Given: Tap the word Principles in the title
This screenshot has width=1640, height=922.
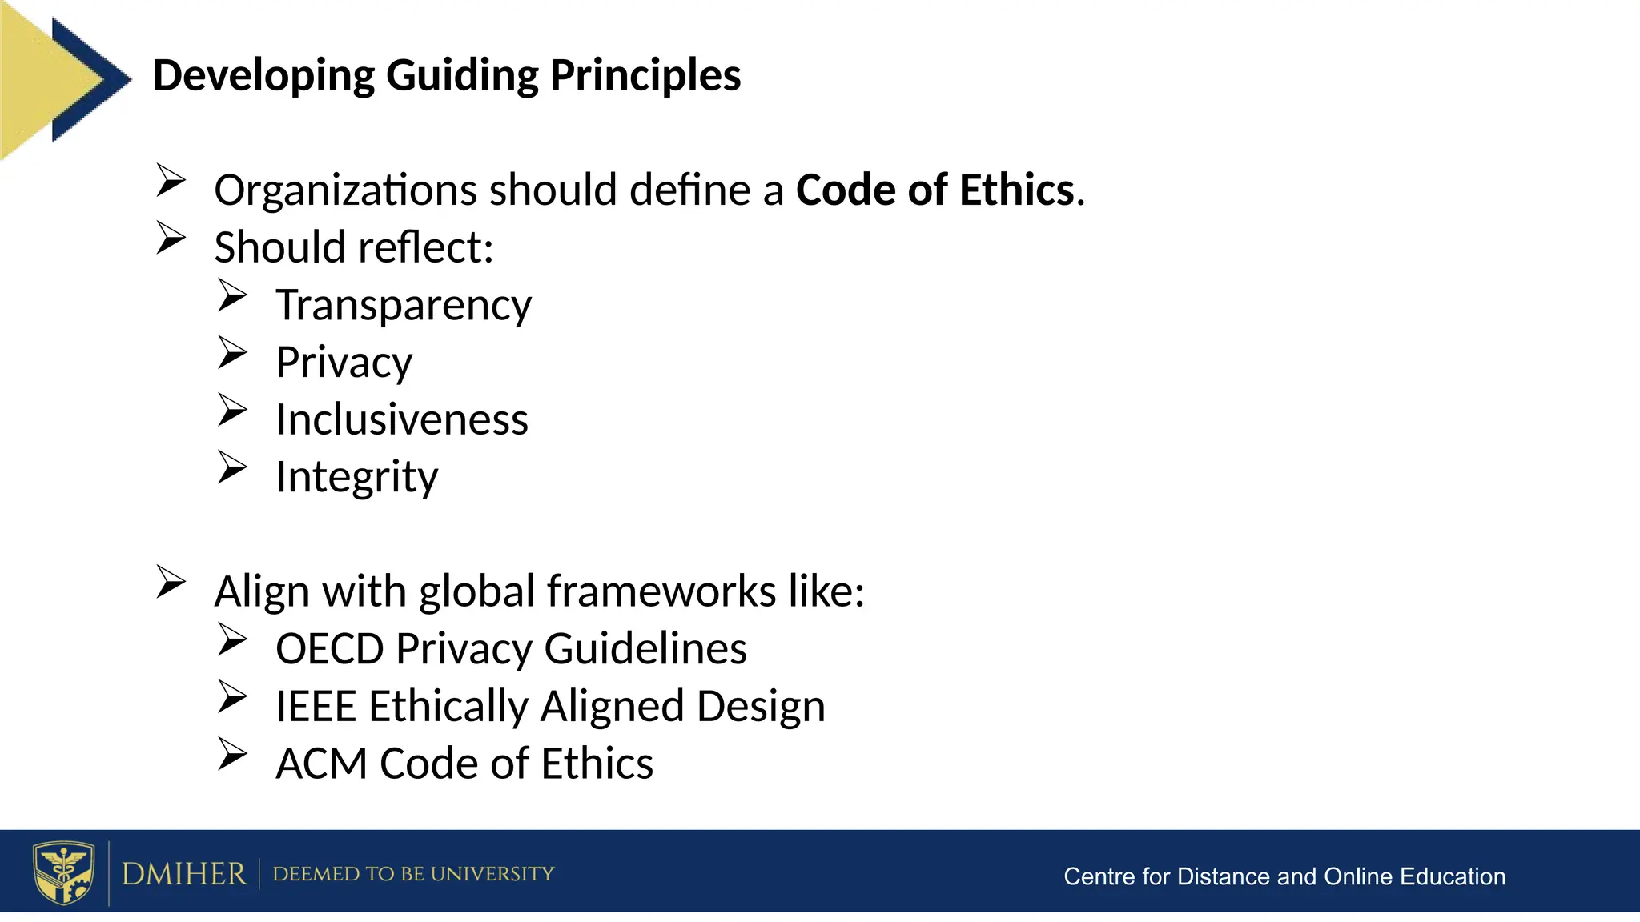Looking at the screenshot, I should pyautogui.click(x=645, y=76).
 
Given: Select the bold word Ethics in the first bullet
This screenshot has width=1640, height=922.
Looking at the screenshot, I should pyautogui.click(x=1017, y=190).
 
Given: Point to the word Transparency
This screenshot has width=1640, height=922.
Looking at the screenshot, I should pyautogui.click(x=404, y=306).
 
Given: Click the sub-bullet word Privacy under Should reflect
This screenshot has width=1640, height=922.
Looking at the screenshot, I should pyautogui.click(x=344, y=363).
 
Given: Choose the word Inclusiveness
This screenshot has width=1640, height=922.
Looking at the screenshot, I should pyautogui.click(x=402, y=419).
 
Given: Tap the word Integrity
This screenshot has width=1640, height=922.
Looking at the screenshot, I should pyautogui.click(x=357, y=477).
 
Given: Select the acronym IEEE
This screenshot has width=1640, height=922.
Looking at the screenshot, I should pyautogui.click(x=316, y=707).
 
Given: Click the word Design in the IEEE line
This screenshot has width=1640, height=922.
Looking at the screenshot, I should pyautogui.click(x=761, y=707).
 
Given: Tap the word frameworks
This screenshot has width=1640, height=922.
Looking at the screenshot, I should pyautogui.click(x=661, y=592).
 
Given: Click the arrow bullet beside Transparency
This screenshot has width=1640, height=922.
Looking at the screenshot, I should pyautogui.click(x=232, y=295).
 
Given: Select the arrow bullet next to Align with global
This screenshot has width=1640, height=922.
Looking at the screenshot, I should pyautogui.click(x=171, y=582).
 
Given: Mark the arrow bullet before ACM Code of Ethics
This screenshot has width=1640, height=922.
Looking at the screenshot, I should pyautogui.click(x=232, y=754).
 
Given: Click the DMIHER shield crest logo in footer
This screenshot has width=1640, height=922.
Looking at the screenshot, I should pyautogui.click(x=63, y=872).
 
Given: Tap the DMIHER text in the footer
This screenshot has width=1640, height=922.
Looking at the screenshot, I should pyautogui.click(x=183, y=873).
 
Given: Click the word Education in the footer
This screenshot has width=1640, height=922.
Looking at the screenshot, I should pyautogui.click(x=1453, y=876).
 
